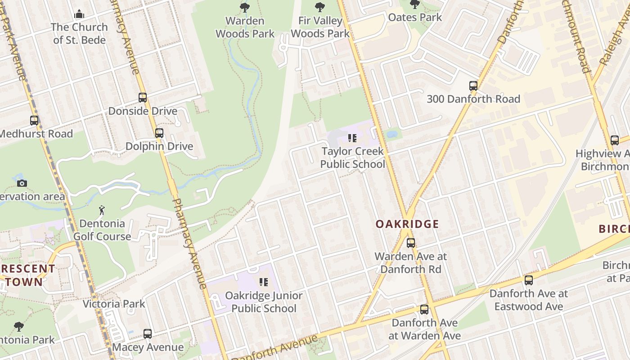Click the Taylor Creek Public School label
coord(352,157)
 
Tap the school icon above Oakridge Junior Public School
coord(264,282)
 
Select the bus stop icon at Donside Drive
coord(143,98)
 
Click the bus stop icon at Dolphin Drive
coord(159,133)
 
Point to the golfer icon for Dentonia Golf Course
coord(102,210)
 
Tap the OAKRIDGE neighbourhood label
coord(407,224)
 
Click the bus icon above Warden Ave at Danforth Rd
coord(411,243)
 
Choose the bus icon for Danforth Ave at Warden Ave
coord(424,310)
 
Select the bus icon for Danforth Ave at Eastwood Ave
coord(529,280)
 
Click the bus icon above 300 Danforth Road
coord(473,85)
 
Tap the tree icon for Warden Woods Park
coord(245,7)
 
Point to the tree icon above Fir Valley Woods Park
coord(320,7)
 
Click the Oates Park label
coord(415,18)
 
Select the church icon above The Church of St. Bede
coord(79,14)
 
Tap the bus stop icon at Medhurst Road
coord(34,121)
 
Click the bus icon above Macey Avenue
coord(148,334)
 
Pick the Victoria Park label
coord(114,304)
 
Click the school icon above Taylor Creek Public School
coord(352,138)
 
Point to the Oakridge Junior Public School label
coord(264,302)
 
